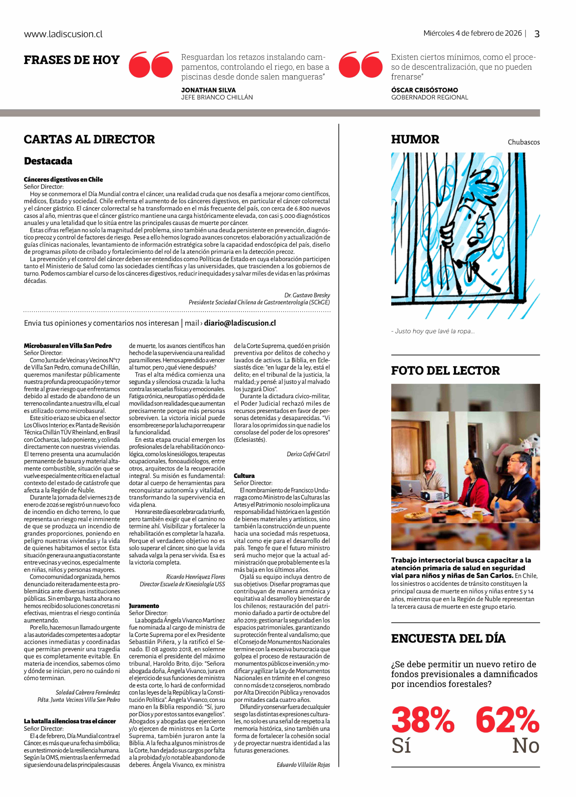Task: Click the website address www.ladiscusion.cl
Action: coord(63,34)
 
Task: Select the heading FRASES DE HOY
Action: coord(72,60)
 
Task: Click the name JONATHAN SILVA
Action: coord(208,90)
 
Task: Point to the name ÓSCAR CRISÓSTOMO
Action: coord(424,90)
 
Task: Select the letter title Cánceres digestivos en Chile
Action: coord(63,180)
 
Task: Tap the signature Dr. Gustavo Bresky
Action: coord(307,295)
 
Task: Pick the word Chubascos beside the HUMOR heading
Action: coord(523,142)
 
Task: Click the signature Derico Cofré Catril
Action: coord(308,454)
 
